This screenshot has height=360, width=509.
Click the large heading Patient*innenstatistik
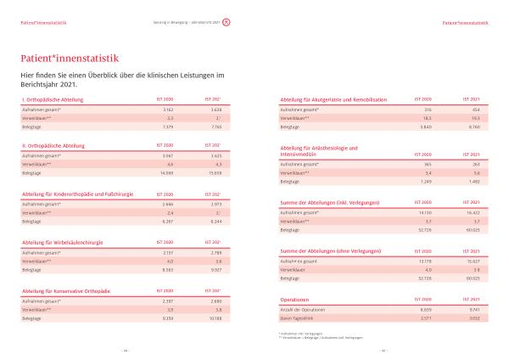click(x=70, y=58)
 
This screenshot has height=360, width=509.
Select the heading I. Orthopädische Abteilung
click(x=52, y=100)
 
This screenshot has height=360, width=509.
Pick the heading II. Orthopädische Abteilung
click(x=53, y=145)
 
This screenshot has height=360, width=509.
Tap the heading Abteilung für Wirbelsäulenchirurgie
click(x=63, y=242)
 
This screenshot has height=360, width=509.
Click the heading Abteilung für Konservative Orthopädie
click(x=66, y=291)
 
